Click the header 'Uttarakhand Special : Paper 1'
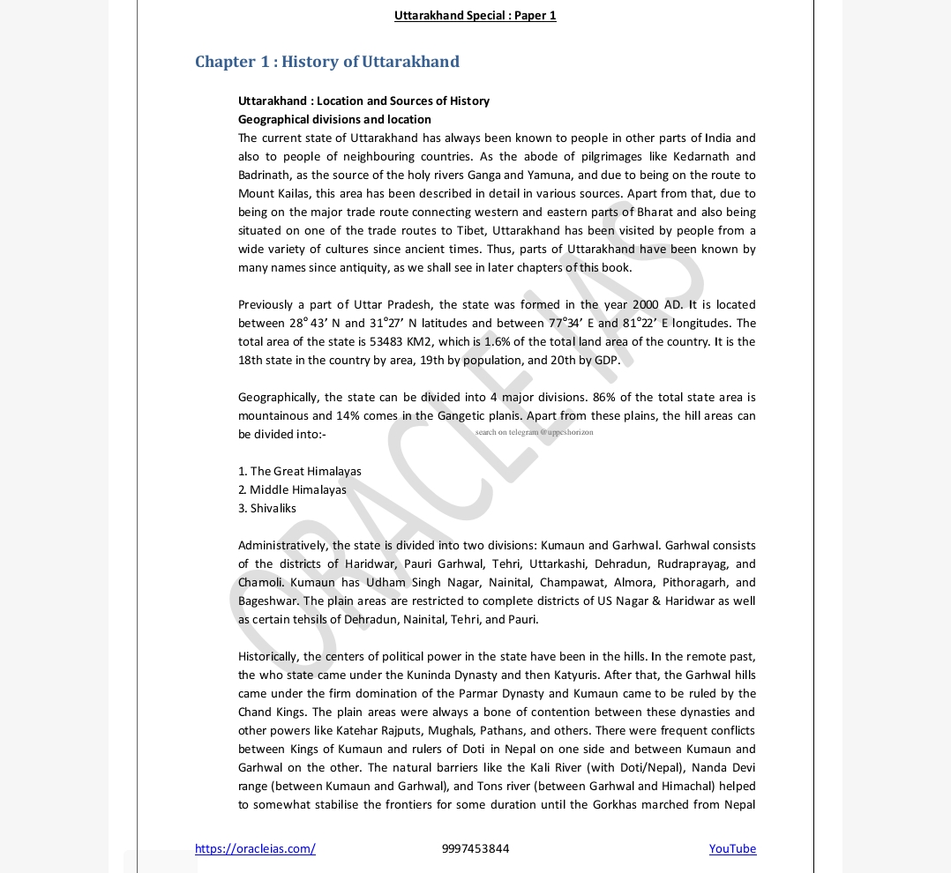(x=475, y=15)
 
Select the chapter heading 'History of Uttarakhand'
(x=327, y=62)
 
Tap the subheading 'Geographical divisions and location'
(x=334, y=119)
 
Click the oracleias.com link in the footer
(x=255, y=848)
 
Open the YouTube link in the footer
(x=732, y=848)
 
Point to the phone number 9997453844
(x=475, y=848)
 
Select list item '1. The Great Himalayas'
(x=300, y=471)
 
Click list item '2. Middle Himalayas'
(x=292, y=489)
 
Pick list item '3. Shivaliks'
(x=267, y=508)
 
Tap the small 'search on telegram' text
(x=534, y=432)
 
